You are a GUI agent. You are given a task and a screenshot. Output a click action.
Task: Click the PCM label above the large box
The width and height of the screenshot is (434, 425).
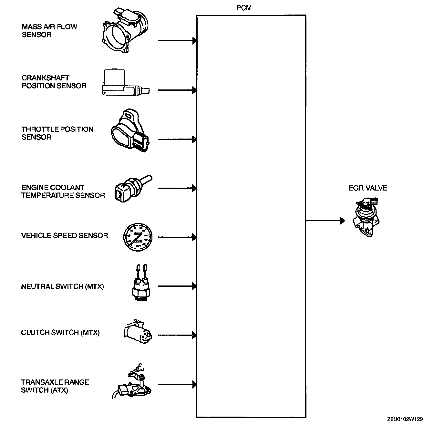[244, 8]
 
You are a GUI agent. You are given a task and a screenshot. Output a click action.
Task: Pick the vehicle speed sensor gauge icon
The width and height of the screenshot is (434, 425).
[138, 237]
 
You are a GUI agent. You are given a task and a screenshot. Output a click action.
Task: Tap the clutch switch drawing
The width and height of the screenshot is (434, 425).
[137, 332]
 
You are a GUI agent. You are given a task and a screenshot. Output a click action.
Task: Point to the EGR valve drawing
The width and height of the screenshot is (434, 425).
[366, 216]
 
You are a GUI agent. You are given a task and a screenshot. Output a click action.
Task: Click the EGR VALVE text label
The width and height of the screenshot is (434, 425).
[368, 188]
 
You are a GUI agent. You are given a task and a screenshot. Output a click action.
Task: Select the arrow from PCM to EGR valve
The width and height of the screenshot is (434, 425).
[325, 221]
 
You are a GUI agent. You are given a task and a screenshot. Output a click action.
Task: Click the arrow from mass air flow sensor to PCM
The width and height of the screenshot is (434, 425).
[177, 41]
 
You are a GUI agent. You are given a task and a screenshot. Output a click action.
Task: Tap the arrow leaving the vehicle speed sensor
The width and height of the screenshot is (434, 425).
[177, 237]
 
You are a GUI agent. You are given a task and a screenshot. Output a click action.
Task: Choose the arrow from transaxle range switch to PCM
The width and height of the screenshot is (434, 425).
[177, 385]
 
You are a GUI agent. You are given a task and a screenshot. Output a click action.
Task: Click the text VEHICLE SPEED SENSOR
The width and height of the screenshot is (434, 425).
[65, 236]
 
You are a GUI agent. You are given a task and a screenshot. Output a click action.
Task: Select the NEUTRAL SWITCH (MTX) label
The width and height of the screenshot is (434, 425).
[63, 287]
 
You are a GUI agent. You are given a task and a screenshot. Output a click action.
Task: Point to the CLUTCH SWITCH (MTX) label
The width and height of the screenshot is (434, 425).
[60, 333]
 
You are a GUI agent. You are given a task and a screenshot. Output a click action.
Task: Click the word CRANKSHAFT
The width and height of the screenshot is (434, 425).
[46, 78]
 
